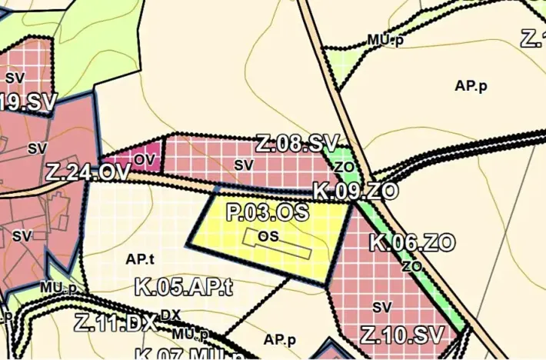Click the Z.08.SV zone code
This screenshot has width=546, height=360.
point(297,143)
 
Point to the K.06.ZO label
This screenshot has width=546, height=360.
point(412,243)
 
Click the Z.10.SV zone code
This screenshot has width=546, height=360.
point(402,335)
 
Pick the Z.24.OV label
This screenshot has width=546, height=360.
point(88,172)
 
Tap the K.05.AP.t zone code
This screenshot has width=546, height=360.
point(183,287)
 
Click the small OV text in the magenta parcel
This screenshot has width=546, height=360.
point(144,159)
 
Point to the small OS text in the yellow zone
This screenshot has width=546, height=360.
point(268,235)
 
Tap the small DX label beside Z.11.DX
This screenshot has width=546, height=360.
point(171,315)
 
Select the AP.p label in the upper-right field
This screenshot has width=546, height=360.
point(471,86)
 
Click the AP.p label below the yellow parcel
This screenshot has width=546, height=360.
point(280,339)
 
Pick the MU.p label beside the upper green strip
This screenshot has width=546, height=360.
point(385,40)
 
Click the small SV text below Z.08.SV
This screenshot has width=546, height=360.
point(244,165)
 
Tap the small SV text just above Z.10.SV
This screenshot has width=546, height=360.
point(382,308)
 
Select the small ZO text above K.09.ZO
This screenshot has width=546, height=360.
point(345,166)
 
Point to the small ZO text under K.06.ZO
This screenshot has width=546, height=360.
point(412,265)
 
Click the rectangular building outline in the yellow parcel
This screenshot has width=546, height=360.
point(278,245)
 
